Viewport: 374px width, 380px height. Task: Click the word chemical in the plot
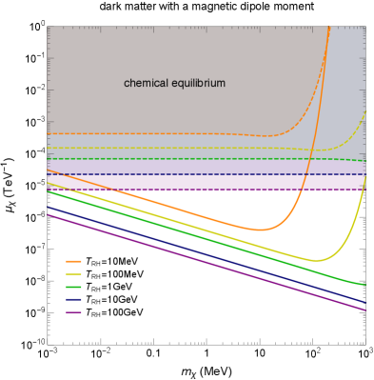click(145, 84)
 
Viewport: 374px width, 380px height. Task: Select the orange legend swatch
click(73, 261)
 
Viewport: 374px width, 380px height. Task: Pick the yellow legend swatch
click(73, 274)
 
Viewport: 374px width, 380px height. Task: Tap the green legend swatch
click(73, 287)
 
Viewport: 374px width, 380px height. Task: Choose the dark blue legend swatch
click(73, 300)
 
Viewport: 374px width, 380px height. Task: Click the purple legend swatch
click(73, 312)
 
